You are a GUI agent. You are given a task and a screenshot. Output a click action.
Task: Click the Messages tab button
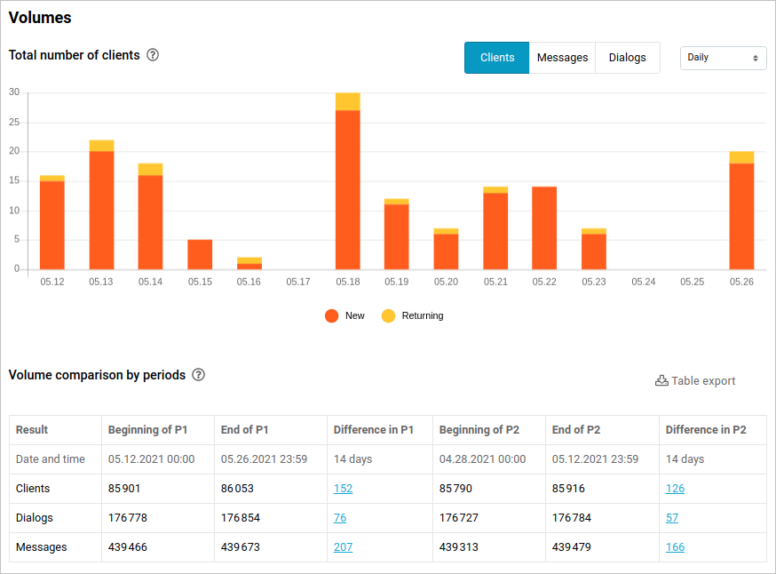pyautogui.click(x=562, y=58)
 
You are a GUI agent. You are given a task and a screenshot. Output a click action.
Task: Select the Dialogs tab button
pyautogui.click(x=628, y=58)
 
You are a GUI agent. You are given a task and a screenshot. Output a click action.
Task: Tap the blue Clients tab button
pyautogui.click(x=497, y=58)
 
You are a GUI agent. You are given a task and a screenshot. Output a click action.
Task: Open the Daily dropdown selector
pyautogui.click(x=723, y=58)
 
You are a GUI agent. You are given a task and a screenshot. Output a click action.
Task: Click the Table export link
pyautogui.click(x=695, y=381)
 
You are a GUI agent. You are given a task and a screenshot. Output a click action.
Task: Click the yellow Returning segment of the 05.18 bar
pyautogui.click(x=348, y=101)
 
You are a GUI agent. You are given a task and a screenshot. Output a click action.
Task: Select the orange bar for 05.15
pyautogui.click(x=200, y=254)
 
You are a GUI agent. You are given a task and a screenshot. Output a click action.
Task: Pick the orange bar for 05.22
pyautogui.click(x=544, y=228)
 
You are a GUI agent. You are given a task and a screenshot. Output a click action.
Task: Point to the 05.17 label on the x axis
pyautogui.click(x=298, y=282)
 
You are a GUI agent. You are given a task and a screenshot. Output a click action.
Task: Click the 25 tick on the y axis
pyautogui.click(x=14, y=122)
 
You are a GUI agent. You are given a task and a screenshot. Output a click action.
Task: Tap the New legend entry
pyautogui.click(x=345, y=315)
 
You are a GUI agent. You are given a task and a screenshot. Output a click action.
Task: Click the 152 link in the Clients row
pyautogui.click(x=344, y=489)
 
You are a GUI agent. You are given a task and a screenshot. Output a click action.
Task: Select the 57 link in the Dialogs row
pyautogui.click(x=672, y=518)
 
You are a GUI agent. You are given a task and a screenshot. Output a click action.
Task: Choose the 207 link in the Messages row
pyautogui.click(x=344, y=547)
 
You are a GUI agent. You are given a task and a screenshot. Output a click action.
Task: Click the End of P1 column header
pyautogui.click(x=244, y=430)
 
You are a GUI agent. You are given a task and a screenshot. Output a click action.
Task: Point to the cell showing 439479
pyautogui.click(x=572, y=547)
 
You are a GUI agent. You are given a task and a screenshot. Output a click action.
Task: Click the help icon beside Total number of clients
pyautogui.click(x=153, y=55)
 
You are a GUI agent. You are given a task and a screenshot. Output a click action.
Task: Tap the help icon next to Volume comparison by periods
pyautogui.click(x=199, y=375)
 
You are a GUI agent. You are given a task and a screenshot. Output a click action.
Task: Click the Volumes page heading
pyautogui.click(x=40, y=18)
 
